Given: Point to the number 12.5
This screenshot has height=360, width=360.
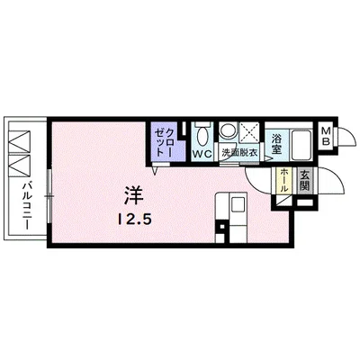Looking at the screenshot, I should (130, 217).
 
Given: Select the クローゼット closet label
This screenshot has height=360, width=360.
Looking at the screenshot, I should (162, 139).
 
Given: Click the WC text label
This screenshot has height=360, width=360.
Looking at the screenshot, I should (203, 154).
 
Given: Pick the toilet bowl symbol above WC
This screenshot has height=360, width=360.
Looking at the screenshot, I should (203, 134).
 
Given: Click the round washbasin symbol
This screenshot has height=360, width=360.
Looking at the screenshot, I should (229, 130).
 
